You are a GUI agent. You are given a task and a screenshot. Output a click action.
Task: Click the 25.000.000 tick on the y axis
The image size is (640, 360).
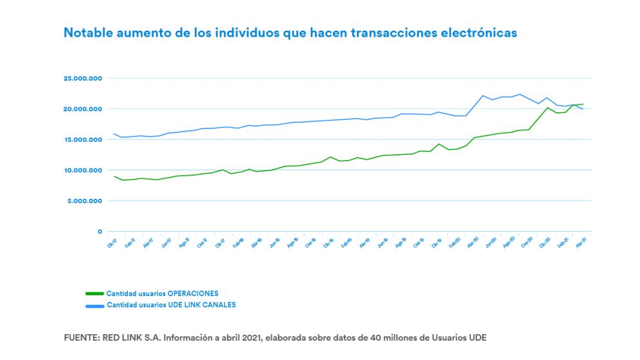click(x=83, y=79)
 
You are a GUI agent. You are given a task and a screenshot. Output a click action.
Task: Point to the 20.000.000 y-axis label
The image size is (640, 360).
click(x=83, y=109)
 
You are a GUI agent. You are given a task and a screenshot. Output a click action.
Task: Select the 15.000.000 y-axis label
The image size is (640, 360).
click(x=83, y=140)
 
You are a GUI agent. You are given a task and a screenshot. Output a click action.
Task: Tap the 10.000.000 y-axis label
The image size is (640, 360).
click(x=83, y=170)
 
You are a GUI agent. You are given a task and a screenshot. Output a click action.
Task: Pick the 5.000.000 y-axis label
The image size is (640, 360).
click(x=85, y=201)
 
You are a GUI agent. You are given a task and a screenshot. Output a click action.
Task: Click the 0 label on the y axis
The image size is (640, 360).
click(x=99, y=232)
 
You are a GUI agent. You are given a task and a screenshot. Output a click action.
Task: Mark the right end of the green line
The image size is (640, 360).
click(x=583, y=104)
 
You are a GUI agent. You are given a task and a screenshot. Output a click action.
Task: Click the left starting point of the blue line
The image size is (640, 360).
click(x=114, y=134)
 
